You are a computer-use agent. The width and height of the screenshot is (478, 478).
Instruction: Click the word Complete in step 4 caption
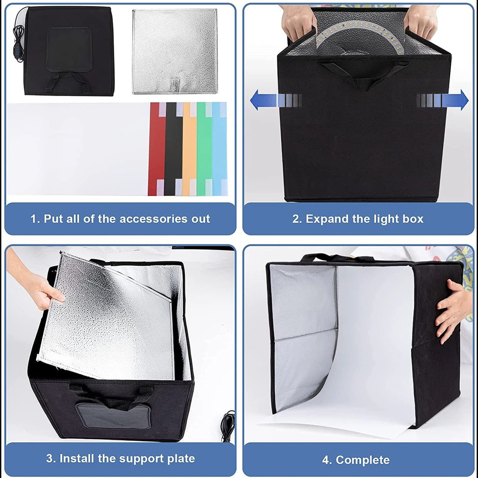click(x=363, y=460)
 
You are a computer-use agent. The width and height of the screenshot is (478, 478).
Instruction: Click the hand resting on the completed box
click(x=452, y=306)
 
